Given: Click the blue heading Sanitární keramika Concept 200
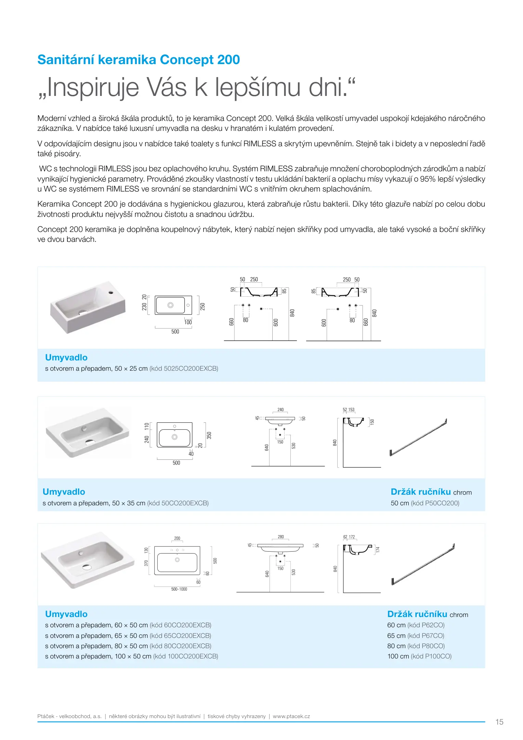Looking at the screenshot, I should [x=139, y=60].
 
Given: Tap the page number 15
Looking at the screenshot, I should [x=499, y=722].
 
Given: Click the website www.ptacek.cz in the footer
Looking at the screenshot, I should [x=291, y=716].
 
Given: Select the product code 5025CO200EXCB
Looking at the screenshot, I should [x=191, y=369].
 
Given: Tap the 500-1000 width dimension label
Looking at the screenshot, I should [x=179, y=589].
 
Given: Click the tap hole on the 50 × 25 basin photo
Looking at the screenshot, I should [x=111, y=293].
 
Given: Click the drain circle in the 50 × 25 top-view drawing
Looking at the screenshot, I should [x=170, y=305].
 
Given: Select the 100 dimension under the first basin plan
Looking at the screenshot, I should [x=188, y=322].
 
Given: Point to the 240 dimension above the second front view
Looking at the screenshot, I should [x=280, y=410].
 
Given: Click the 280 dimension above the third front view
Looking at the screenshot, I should [x=280, y=537].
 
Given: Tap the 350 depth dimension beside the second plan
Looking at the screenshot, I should [x=209, y=435].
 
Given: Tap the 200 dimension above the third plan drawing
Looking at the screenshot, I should [x=177, y=538].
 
